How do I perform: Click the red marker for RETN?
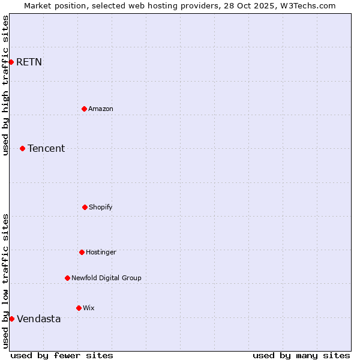pyautogui.click(x=11, y=62)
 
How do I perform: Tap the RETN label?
pyautogui.click(x=29, y=62)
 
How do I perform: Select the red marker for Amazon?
pyautogui.click(x=84, y=109)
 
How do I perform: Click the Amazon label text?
pyautogui.click(x=101, y=109)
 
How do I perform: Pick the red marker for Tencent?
pyautogui.click(x=22, y=148)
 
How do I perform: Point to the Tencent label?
pyautogui.click(x=46, y=149)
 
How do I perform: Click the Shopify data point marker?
pyautogui.click(x=85, y=207)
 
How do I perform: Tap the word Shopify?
pyautogui.click(x=101, y=208)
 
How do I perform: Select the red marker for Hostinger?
pyautogui.click(x=82, y=252)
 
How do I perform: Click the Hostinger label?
pyautogui.click(x=101, y=253)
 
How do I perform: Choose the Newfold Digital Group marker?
pyautogui.click(x=67, y=278)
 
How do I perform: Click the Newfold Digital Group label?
pyautogui.click(x=106, y=278)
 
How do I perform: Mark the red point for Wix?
pyautogui.click(x=79, y=308)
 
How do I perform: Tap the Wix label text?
pyautogui.click(x=89, y=308)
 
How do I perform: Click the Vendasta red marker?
pyautogui.click(x=11, y=319)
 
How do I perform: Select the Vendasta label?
pyautogui.click(x=38, y=319)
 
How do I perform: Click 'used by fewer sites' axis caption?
pyautogui.click(x=62, y=355)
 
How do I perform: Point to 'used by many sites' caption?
pyautogui.click(x=301, y=355)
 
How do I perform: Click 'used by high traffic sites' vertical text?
pyautogui.click(x=6, y=85)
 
